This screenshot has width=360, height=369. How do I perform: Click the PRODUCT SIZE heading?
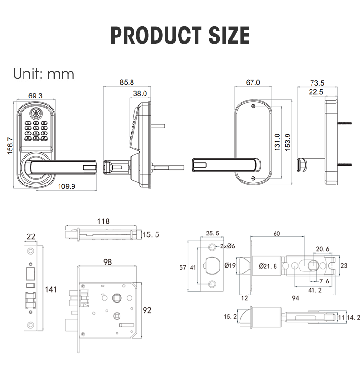click(x=180, y=36)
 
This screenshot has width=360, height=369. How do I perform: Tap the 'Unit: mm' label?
click(x=44, y=74)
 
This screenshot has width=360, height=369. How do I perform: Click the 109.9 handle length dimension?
click(x=66, y=186)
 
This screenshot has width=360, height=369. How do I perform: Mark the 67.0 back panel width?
click(x=252, y=82)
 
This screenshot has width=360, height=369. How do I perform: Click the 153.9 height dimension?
click(x=288, y=142)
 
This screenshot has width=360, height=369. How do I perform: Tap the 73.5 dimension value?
click(x=317, y=82)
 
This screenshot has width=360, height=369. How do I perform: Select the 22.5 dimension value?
click(x=316, y=92)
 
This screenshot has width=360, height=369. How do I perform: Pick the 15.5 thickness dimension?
click(x=151, y=234)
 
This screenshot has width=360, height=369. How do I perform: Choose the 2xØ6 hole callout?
click(x=227, y=246)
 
